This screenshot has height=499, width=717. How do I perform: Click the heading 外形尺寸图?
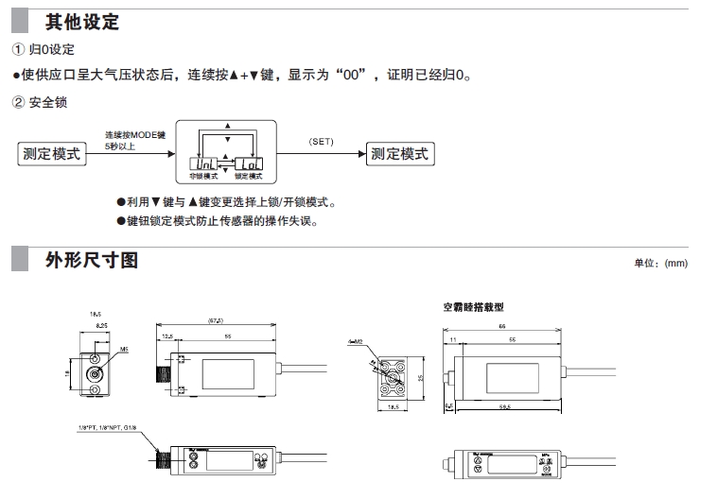tap(92, 258)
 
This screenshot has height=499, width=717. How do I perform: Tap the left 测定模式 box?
tap(51, 154)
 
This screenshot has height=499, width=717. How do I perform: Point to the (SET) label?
tap(322, 142)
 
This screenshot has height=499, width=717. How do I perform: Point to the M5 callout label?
tap(125, 348)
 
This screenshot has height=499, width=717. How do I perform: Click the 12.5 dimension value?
tap(167, 336)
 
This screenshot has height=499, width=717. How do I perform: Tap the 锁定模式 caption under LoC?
tap(249, 177)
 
